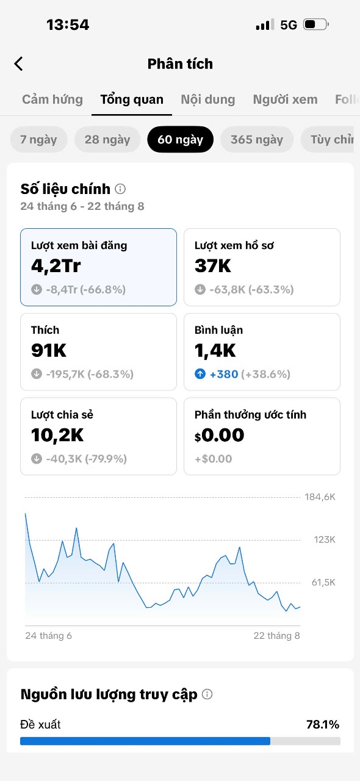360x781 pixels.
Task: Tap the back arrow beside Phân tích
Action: (x=18, y=64)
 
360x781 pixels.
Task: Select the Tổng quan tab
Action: (x=132, y=99)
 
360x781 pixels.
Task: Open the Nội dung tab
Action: (x=208, y=99)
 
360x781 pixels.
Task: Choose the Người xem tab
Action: (x=286, y=99)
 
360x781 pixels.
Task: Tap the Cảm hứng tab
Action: (x=52, y=99)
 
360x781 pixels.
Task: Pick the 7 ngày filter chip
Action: (x=38, y=140)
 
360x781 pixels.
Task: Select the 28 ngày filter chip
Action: (x=107, y=140)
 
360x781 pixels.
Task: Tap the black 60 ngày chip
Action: (x=181, y=140)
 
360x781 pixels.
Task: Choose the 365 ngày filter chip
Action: (x=257, y=140)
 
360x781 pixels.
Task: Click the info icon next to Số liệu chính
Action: (x=120, y=189)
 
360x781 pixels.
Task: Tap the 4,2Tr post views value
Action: (x=56, y=266)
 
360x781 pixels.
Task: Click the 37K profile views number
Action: (x=213, y=265)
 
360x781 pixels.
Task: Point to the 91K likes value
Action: (x=49, y=350)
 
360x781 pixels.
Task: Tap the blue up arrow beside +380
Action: (x=200, y=374)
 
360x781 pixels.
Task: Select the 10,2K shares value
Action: (x=57, y=435)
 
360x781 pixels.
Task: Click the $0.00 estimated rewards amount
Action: (x=220, y=435)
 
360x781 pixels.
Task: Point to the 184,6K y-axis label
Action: (x=320, y=497)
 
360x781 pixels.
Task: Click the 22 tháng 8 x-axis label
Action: (x=277, y=636)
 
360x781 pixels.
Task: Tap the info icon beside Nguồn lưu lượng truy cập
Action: (x=207, y=694)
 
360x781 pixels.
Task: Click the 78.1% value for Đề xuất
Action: (x=323, y=724)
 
